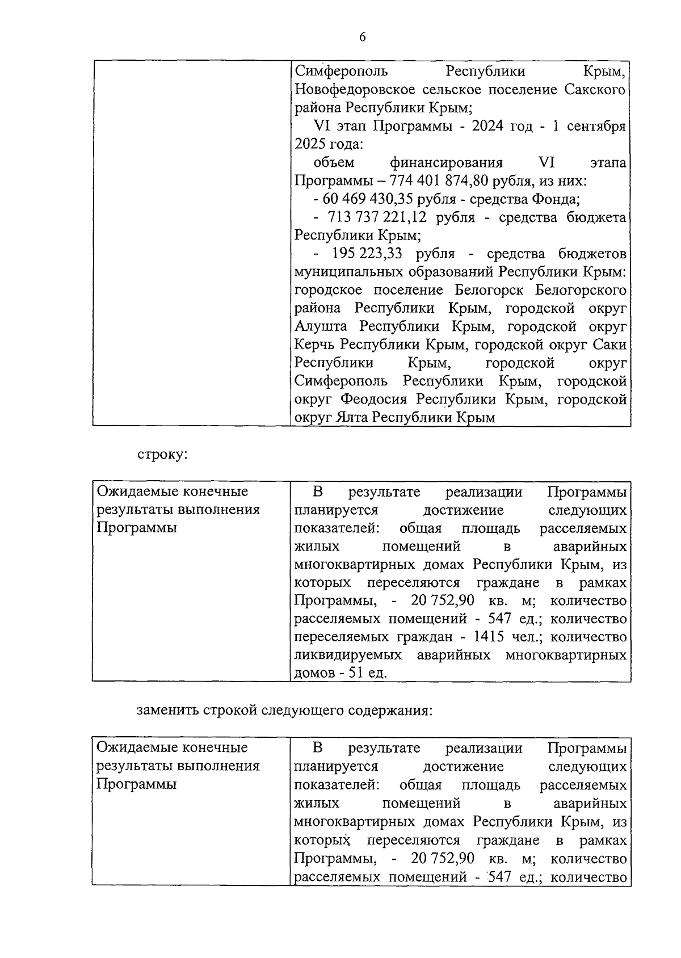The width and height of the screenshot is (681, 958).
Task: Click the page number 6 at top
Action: [363, 37]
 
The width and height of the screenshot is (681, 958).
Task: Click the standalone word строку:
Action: [162, 455]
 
